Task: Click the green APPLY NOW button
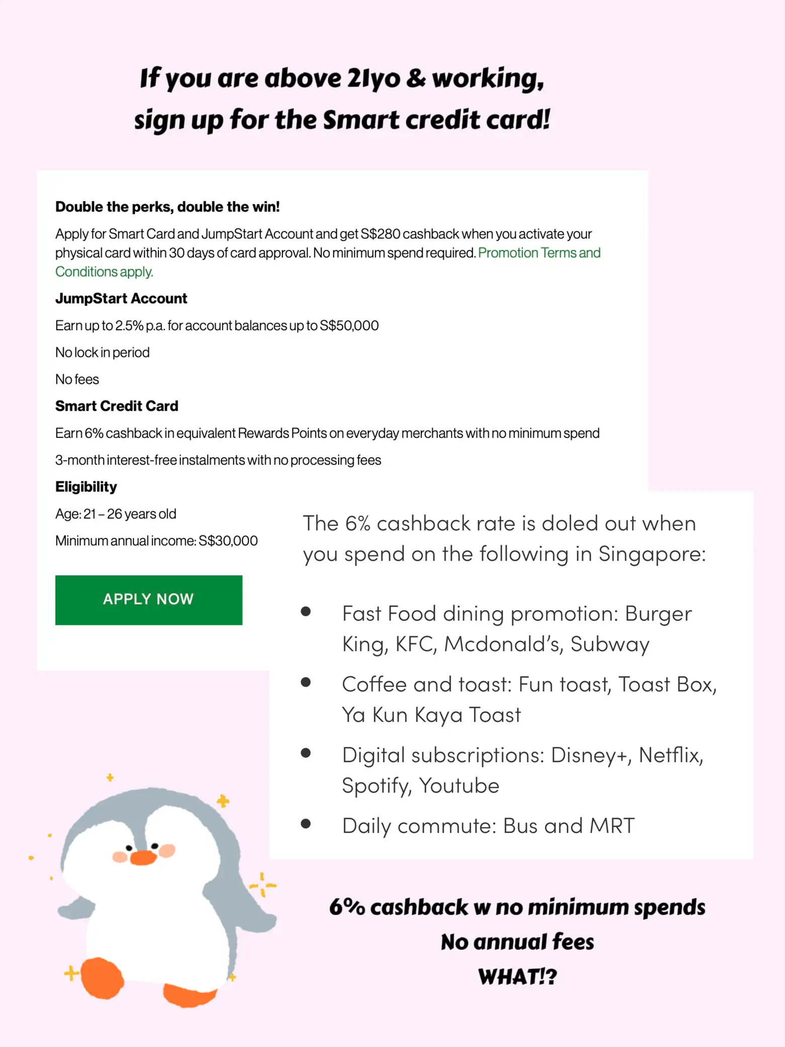(148, 600)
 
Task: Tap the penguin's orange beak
(143, 857)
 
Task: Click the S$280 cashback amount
(380, 234)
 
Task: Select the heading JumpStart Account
(121, 298)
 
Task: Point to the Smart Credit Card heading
(117, 406)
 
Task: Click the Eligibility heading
(86, 487)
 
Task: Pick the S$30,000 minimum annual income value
(228, 541)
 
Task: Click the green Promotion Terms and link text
(539, 253)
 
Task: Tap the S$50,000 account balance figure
(349, 326)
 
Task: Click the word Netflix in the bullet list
(670, 755)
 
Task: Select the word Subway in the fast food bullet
(610, 644)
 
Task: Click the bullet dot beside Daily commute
(305, 824)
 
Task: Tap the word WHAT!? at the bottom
(517, 977)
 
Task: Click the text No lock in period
(102, 352)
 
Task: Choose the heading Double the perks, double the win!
(167, 207)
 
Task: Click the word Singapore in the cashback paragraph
(652, 554)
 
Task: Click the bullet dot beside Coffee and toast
(305, 683)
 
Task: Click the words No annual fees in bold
(517, 942)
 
